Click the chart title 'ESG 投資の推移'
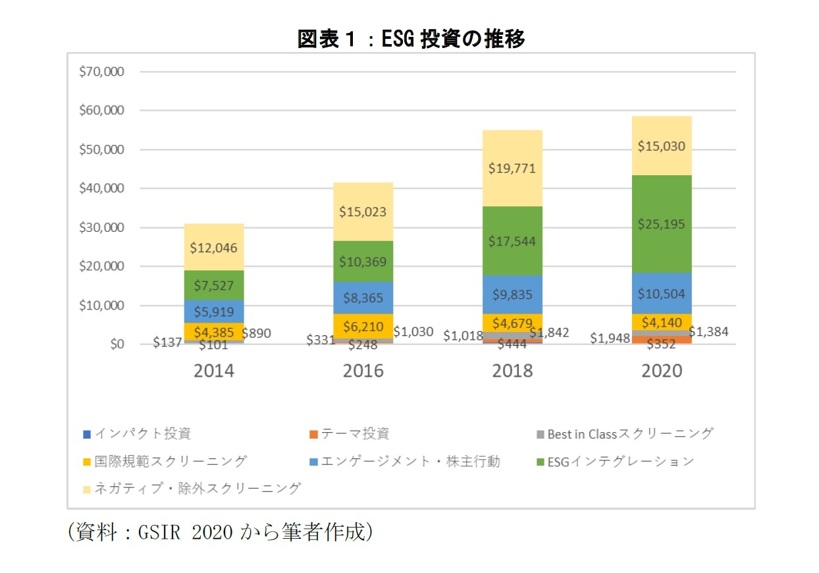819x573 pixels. pyautogui.click(x=411, y=40)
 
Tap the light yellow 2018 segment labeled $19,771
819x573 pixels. pyautogui.click(x=513, y=169)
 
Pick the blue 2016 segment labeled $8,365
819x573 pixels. pyautogui.click(x=363, y=298)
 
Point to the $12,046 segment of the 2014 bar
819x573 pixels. pyautogui.click(x=213, y=248)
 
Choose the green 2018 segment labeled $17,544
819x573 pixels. pyautogui.click(x=513, y=241)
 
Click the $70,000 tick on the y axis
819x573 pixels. pyautogui.click(x=101, y=72)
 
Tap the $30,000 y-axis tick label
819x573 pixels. pyautogui.click(x=101, y=227)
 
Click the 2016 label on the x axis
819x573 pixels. pyautogui.click(x=363, y=371)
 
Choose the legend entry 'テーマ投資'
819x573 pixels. pyautogui.click(x=355, y=434)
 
